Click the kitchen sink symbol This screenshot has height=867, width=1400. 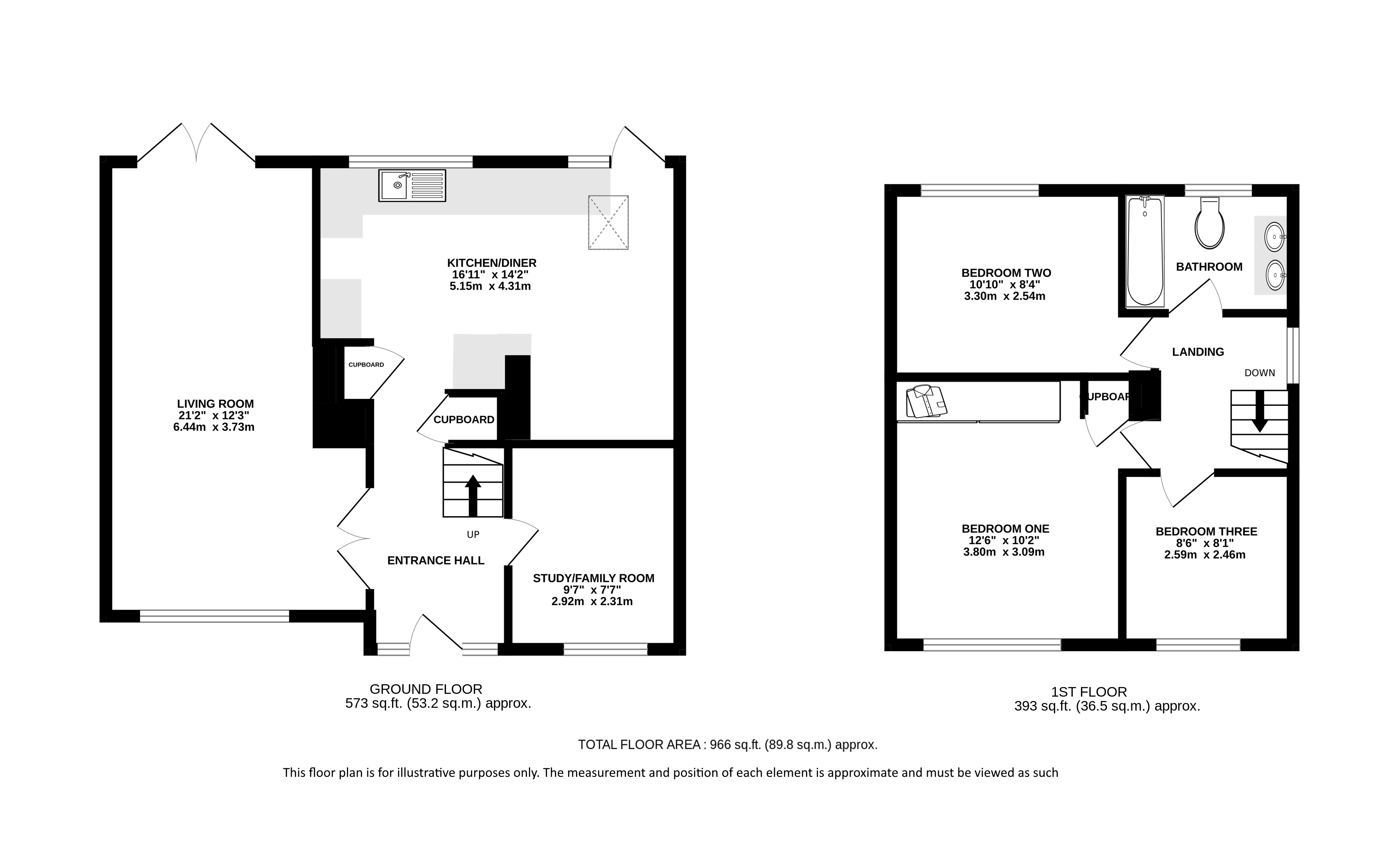coord(412,185)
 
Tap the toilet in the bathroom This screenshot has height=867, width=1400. coord(1210,223)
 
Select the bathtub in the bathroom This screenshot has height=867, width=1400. coord(1145,251)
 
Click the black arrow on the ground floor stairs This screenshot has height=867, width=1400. coord(473,496)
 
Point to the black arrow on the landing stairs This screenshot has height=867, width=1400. coord(1260,411)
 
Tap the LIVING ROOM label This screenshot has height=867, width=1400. coord(215,404)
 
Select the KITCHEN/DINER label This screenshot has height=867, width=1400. coord(491,263)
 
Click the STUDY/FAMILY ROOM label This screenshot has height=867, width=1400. coord(594,578)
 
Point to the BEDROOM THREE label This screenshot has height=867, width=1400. coord(1206,531)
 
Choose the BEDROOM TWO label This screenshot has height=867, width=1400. coord(1006,273)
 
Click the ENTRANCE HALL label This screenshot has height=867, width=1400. coord(436,560)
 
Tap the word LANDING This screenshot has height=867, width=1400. coord(1198,352)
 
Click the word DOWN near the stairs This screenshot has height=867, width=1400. coord(1259,373)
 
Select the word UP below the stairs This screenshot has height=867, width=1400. coord(473,534)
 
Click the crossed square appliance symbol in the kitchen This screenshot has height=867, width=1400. coord(608,223)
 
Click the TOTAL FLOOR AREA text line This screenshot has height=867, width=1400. coord(727,745)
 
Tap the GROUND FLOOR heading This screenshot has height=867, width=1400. coord(426,689)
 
